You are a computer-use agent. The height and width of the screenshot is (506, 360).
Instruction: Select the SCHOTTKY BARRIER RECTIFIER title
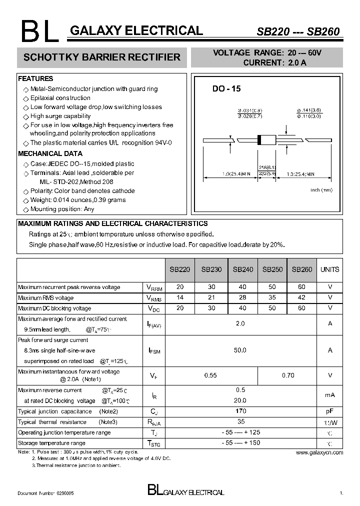click(x=102, y=57)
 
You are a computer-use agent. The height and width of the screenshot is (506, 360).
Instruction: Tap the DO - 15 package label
click(x=226, y=88)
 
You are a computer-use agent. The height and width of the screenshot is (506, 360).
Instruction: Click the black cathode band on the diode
click(x=259, y=140)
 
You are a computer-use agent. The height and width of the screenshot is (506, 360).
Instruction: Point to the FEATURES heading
click(x=35, y=78)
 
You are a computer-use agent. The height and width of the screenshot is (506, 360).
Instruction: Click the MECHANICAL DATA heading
click(x=50, y=153)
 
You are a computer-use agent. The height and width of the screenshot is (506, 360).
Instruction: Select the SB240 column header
click(x=242, y=269)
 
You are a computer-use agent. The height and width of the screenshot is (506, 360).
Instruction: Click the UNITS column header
click(x=329, y=269)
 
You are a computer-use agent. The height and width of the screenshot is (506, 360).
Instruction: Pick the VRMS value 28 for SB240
click(x=242, y=297)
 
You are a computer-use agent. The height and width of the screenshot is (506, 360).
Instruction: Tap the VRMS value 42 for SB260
click(x=301, y=297)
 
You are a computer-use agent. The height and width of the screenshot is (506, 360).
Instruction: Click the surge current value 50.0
click(x=240, y=350)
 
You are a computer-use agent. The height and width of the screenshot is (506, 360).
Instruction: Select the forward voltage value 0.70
click(x=288, y=375)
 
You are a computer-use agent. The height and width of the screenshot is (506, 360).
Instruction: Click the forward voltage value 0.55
click(x=211, y=375)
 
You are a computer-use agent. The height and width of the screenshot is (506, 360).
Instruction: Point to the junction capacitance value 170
click(x=240, y=411)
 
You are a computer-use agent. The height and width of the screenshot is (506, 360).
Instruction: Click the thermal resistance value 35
click(x=240, y=421)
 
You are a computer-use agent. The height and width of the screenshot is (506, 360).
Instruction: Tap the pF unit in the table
click(x=330, y=411)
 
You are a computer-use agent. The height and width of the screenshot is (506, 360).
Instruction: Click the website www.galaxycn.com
click(x=319, y=452)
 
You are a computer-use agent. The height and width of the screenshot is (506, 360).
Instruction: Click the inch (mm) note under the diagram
click(x=321, y=190)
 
